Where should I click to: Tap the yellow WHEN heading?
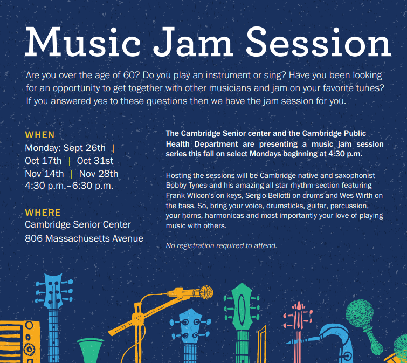[x=39, y=135]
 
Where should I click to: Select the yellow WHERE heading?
[x=43, y=213]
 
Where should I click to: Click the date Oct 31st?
[x=95, y=161]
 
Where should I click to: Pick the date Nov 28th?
[x=99, y=174]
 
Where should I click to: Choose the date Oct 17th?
[x=43, y=161]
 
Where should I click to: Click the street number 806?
[x=34, y=238]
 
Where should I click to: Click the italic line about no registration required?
[x=221, y=246]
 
